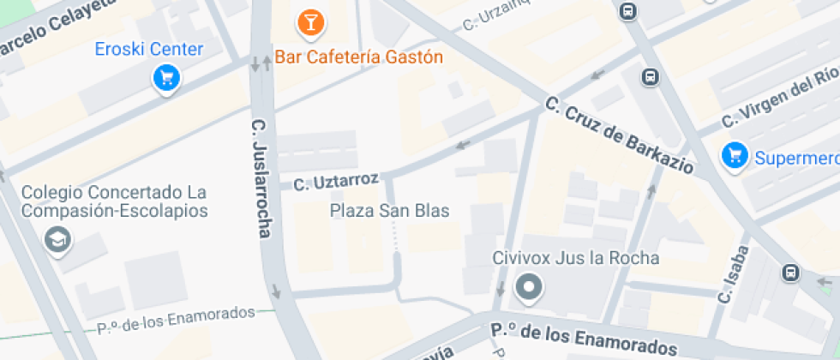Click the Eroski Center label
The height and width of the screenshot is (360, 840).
click(150, 49)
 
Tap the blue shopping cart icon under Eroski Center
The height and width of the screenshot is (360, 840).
click(165, 80)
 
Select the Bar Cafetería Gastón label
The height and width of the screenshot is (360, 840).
click(358, 57)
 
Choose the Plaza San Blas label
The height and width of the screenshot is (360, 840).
click(390, 211)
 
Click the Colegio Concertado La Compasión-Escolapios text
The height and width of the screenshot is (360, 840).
click(115, 201)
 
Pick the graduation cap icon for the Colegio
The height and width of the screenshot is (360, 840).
click(58, 241)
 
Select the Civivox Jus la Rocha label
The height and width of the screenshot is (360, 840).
click(576, 258)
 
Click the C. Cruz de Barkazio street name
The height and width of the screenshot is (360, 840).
click(619, 136)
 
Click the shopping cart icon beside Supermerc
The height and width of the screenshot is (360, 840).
click(735, 156)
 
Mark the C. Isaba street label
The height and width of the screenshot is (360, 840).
click(735, 274)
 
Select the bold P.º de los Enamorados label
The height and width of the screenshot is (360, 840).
click(584, 339)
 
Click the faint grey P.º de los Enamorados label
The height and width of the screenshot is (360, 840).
click(176, 319)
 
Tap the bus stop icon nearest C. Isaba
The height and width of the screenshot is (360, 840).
click(789, 273)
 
